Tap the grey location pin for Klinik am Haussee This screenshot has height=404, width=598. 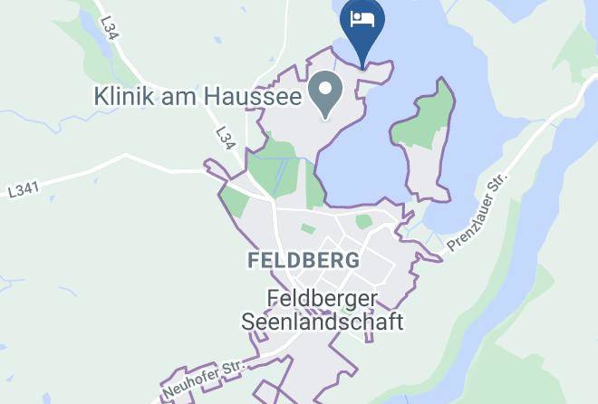point(324,93)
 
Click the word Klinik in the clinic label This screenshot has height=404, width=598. point(127,94)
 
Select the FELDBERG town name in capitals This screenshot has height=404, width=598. point(303,260)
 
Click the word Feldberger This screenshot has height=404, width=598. point(322,297)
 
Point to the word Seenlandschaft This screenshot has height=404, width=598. point(322,321)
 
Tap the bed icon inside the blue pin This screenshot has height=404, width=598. point(362,19)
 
